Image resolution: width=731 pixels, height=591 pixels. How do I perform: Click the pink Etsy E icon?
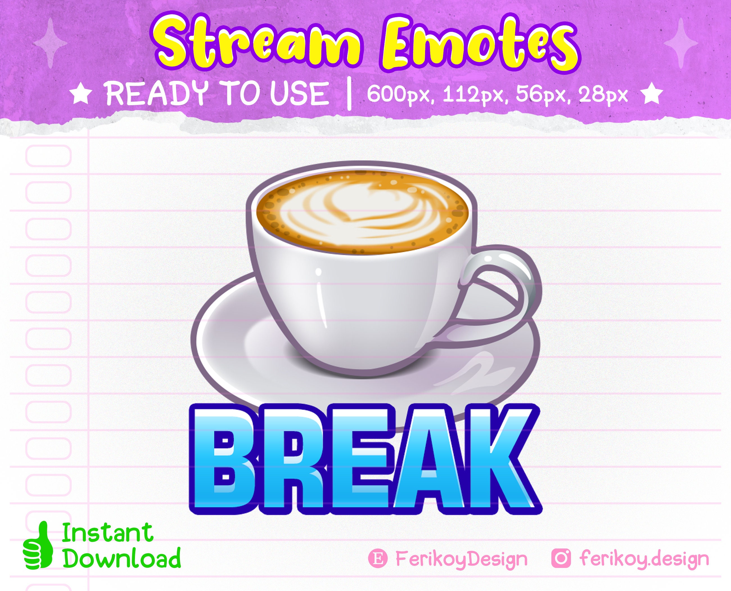coord(378,559)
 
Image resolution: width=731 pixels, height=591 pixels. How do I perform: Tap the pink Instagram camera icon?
coord(561,559)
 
